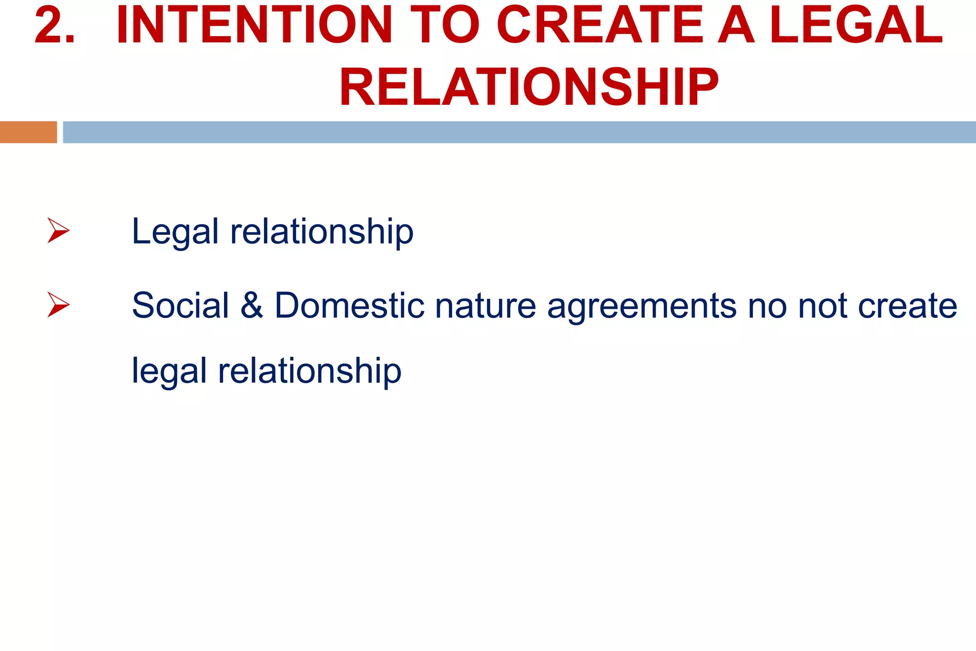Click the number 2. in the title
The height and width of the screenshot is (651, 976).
tap(55, 26)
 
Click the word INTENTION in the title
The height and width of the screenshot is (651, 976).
tap(254, 26)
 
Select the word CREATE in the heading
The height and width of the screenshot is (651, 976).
tap(600, 26)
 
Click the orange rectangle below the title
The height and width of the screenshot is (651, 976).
tap(29, 132)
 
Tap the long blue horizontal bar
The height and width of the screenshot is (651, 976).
tap(519, 132)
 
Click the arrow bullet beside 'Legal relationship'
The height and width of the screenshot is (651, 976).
tap(58, 230)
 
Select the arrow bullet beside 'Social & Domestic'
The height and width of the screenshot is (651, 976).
tap(58, 305)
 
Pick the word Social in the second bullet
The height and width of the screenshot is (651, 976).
tap(180, 305)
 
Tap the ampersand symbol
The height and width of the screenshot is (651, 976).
tap(252, 305)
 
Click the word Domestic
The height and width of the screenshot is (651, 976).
tap(349, 305)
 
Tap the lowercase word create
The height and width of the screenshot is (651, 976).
tap(907, 306)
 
